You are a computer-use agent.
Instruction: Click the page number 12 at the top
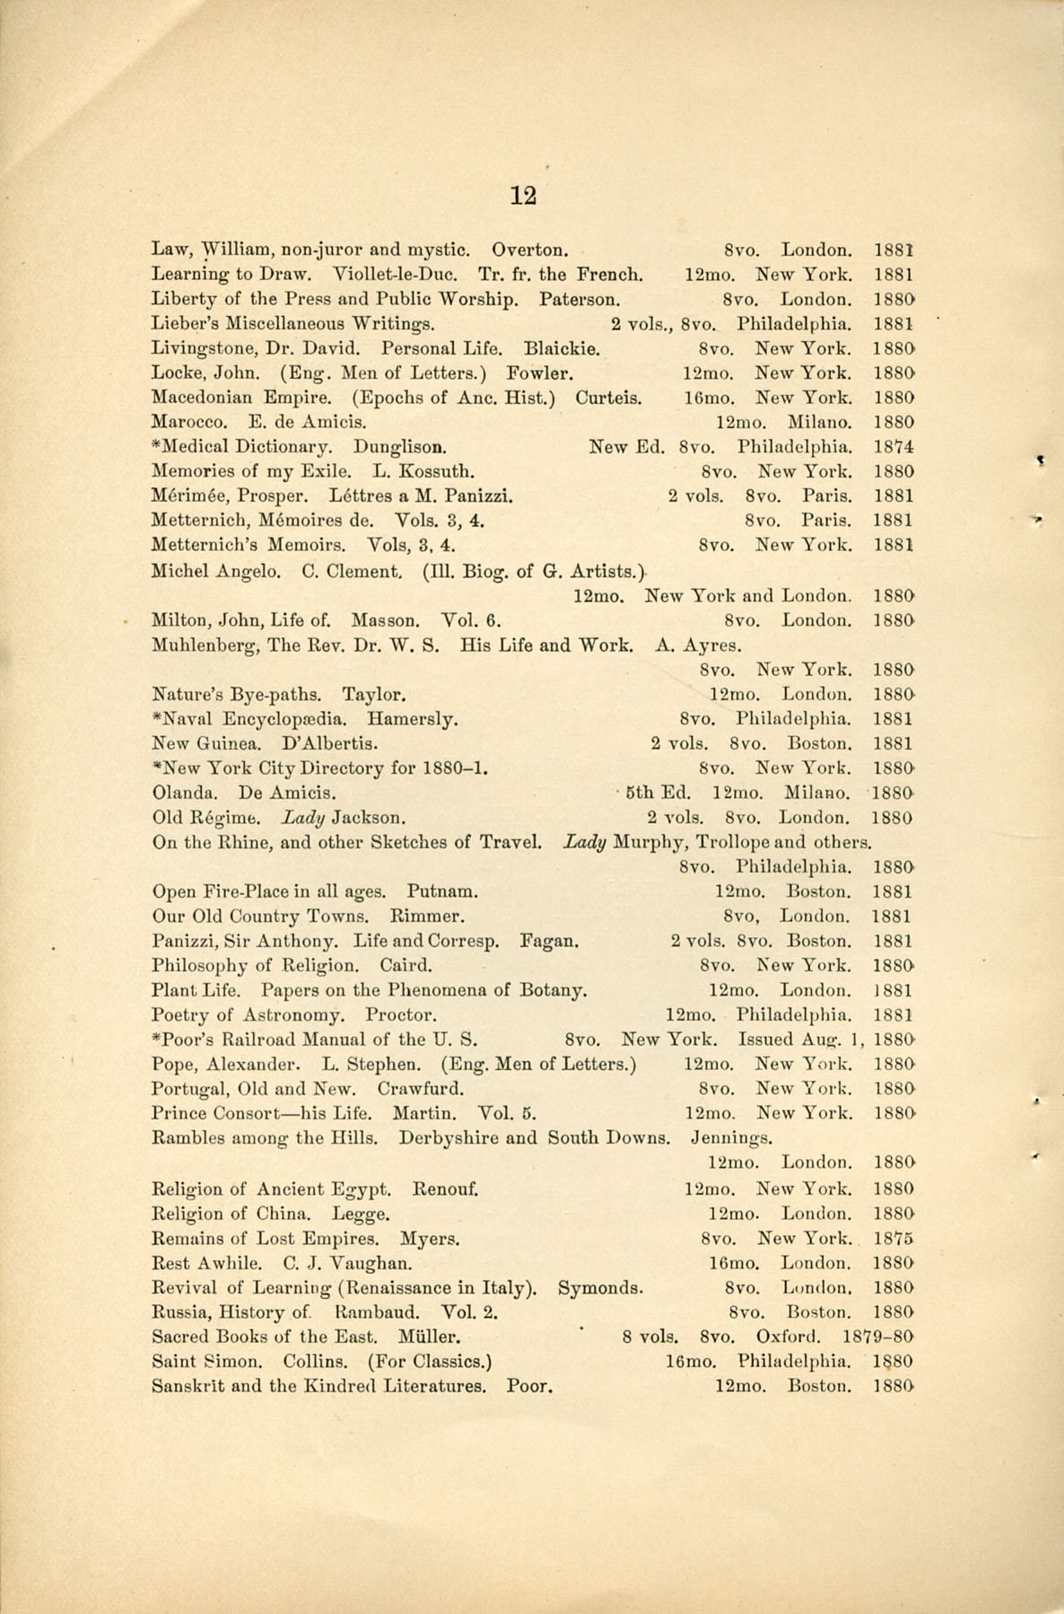523,195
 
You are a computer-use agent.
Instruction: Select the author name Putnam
441,892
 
